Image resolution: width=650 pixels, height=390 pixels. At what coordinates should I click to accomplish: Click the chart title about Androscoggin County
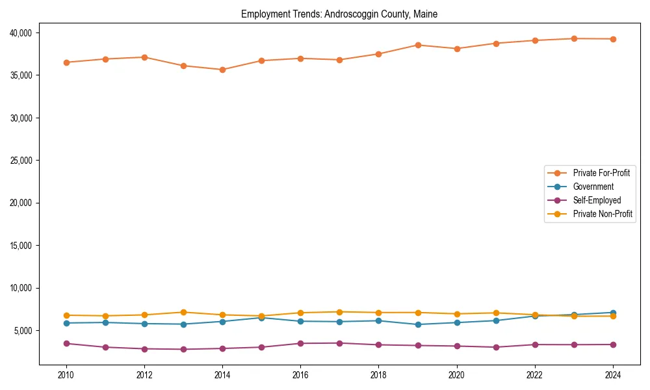point(339,14)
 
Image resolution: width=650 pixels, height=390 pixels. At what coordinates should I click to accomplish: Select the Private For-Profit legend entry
point(601,173)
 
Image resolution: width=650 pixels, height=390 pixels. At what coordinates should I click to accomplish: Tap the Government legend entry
point(593,187)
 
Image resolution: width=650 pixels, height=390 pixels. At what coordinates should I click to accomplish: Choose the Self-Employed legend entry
point(597,200)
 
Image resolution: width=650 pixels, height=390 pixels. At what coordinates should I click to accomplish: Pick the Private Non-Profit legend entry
point(603,214)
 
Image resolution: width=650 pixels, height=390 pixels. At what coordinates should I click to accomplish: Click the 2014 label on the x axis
point(222,375)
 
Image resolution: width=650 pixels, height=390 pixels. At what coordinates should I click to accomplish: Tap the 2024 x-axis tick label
point(612,375)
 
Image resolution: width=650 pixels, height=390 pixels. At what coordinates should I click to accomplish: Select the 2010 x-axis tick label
point(66,375)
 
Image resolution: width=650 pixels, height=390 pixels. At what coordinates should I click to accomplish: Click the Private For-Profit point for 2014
point(222,70)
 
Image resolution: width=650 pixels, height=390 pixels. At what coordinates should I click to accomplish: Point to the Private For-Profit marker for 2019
point(417,45)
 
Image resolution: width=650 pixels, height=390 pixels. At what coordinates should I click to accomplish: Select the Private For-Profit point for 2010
point(66,62)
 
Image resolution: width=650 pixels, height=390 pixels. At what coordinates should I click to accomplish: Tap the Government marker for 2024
point(612,313)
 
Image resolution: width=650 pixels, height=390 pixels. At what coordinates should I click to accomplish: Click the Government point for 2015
point(261,318)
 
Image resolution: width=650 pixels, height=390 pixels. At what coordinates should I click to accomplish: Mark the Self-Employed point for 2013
point(183,349)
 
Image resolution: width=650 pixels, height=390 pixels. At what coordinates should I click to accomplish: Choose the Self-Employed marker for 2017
point(339,343)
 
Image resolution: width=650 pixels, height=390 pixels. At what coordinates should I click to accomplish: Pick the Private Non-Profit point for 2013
point(183,312)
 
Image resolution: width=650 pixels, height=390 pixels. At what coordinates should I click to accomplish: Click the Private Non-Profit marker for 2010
point(66,315)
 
